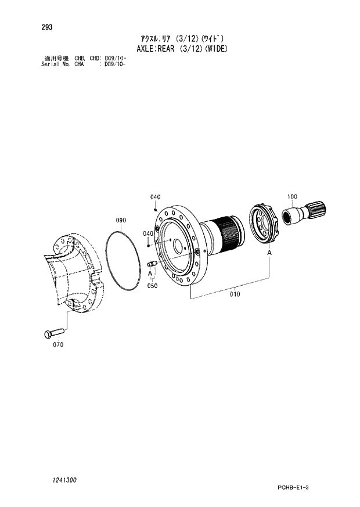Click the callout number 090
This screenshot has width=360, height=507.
click(x=121, y=220)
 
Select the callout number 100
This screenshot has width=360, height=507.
click(x=292, y=196)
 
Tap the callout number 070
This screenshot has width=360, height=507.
click(x=58, y=344)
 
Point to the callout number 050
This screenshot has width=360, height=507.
click(x=152, y=286)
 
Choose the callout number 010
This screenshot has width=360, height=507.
click(x=234, y=294)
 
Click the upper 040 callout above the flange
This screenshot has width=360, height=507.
click(x=155, y=197)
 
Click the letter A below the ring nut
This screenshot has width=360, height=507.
click(x=269, y=253)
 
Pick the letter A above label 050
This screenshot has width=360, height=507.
click(x=150, y=275)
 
